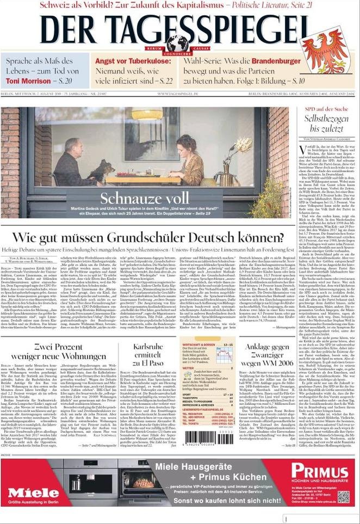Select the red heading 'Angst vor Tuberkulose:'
(133, 61)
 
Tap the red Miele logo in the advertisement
(33, 492)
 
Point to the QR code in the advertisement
(343, 496)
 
